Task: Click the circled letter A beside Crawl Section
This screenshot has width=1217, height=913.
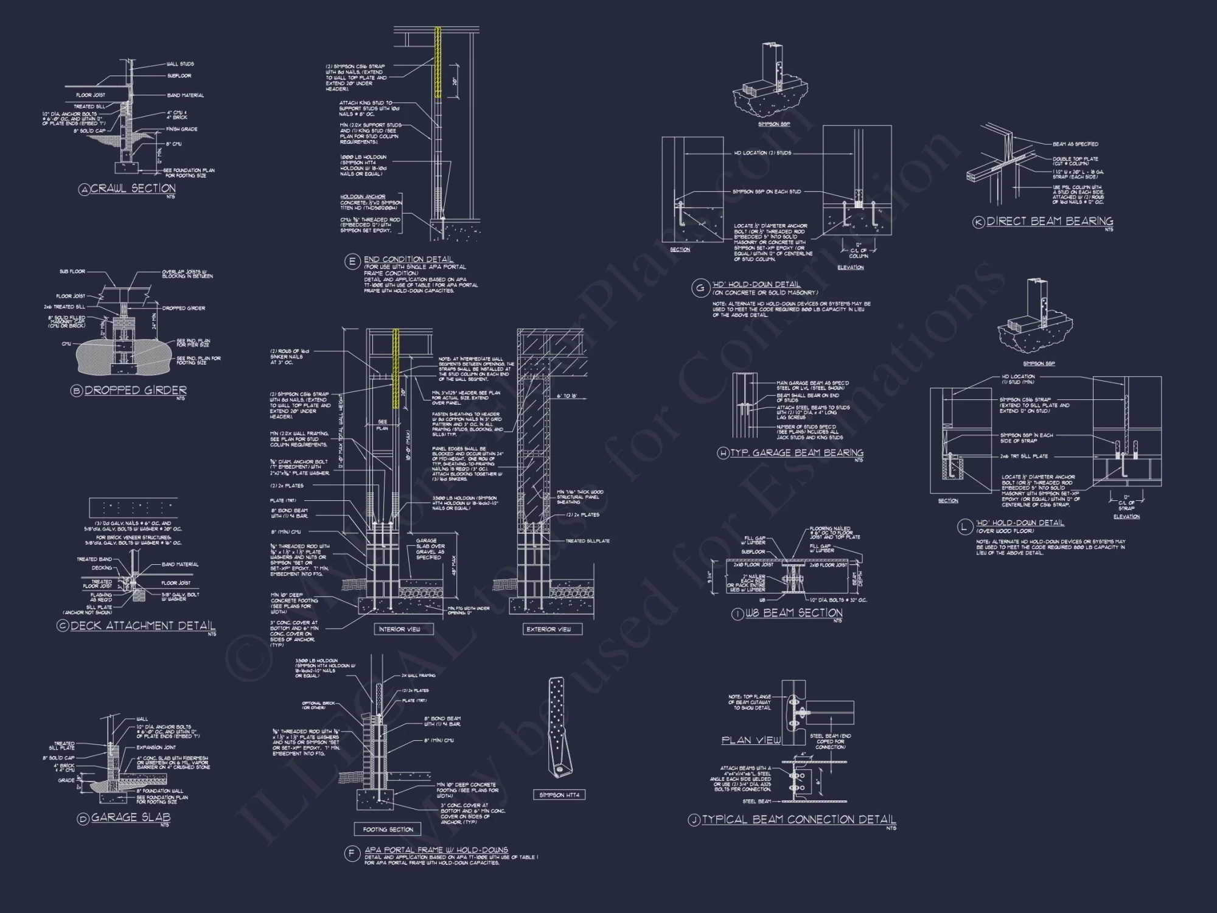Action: coord(84,190)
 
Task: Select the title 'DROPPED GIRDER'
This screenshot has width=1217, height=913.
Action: coord(135,390)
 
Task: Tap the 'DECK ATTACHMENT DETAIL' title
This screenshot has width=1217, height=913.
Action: coord(142,626)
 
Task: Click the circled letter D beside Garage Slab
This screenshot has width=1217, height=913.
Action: coord(83,819)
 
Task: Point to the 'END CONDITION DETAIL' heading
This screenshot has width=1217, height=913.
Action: coord(408,259)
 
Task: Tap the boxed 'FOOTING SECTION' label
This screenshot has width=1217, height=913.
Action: coord(388,829)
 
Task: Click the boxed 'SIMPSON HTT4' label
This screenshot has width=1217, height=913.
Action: coord(559,795)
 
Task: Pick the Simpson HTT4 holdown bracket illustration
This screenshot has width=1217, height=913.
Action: coord(559,727)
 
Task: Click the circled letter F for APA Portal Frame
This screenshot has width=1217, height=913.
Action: coord(352,854)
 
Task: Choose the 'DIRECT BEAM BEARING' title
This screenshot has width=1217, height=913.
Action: coord(1050,222)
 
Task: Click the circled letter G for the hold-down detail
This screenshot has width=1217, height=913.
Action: coord(700,288)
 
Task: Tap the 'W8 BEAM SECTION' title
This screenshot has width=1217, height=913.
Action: coord(794,613)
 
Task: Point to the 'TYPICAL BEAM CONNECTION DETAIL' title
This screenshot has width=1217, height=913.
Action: coord(798,820)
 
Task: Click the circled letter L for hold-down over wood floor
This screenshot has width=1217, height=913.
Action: coord(964,527)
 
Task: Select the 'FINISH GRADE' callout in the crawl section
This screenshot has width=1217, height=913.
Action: coord(182,129)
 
